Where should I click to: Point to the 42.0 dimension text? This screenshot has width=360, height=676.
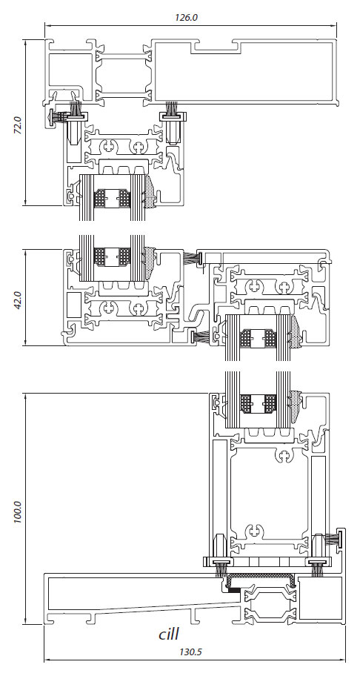click(18, 299)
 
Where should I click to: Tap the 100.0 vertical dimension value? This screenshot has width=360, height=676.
click(18, 511)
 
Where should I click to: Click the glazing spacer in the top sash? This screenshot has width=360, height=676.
click(113, 199)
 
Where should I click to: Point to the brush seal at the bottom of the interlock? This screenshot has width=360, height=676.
click(197, 337)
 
